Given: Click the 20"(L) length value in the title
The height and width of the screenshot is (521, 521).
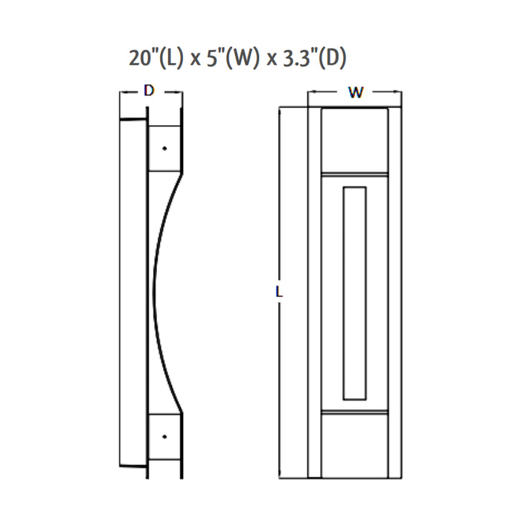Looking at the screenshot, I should point(156,59).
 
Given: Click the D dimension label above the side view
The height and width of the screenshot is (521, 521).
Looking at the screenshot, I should point(149,92).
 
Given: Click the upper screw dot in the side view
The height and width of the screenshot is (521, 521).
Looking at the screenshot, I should point(164,148).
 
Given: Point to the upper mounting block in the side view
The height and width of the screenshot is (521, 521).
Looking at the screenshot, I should point(164,147).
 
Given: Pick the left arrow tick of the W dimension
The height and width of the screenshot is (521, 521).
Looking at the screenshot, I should point(309,93).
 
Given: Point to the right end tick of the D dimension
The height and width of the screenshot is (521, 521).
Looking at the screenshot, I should point(182,93).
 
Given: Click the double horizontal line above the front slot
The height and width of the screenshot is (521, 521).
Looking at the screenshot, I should point(355,175).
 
